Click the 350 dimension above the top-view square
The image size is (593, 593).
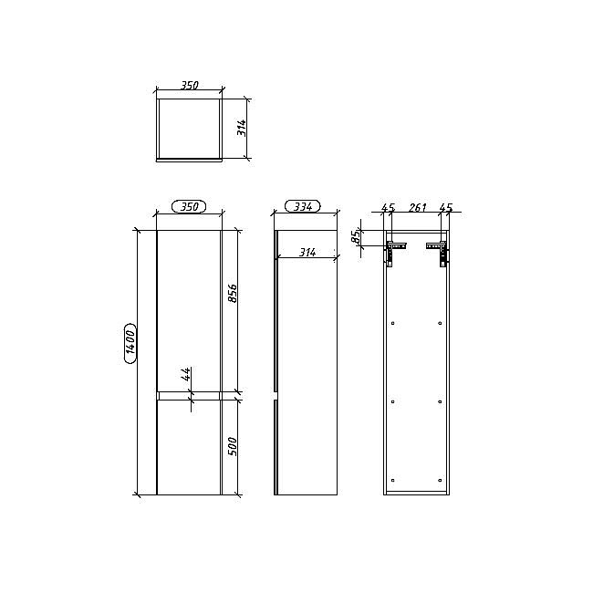[189, 86]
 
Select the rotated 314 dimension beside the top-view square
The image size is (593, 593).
[242, 128]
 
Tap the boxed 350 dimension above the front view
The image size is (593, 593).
[189, 207]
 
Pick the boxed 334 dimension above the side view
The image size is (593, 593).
[302, 207]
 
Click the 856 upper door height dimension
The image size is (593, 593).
[233, 294]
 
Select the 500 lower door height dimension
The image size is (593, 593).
[233, 446]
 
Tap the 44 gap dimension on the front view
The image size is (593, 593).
[186, 374]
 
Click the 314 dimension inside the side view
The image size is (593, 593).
[307, 252]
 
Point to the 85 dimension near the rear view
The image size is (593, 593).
[356, 236]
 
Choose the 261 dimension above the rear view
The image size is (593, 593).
[416, 209]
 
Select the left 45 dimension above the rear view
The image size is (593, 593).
[388, 209]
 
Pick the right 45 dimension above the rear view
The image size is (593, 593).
[446, 209]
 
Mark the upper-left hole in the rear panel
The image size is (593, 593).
[392, 323]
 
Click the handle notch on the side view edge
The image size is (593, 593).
[276, 397]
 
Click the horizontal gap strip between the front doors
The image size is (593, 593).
[189, 397]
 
